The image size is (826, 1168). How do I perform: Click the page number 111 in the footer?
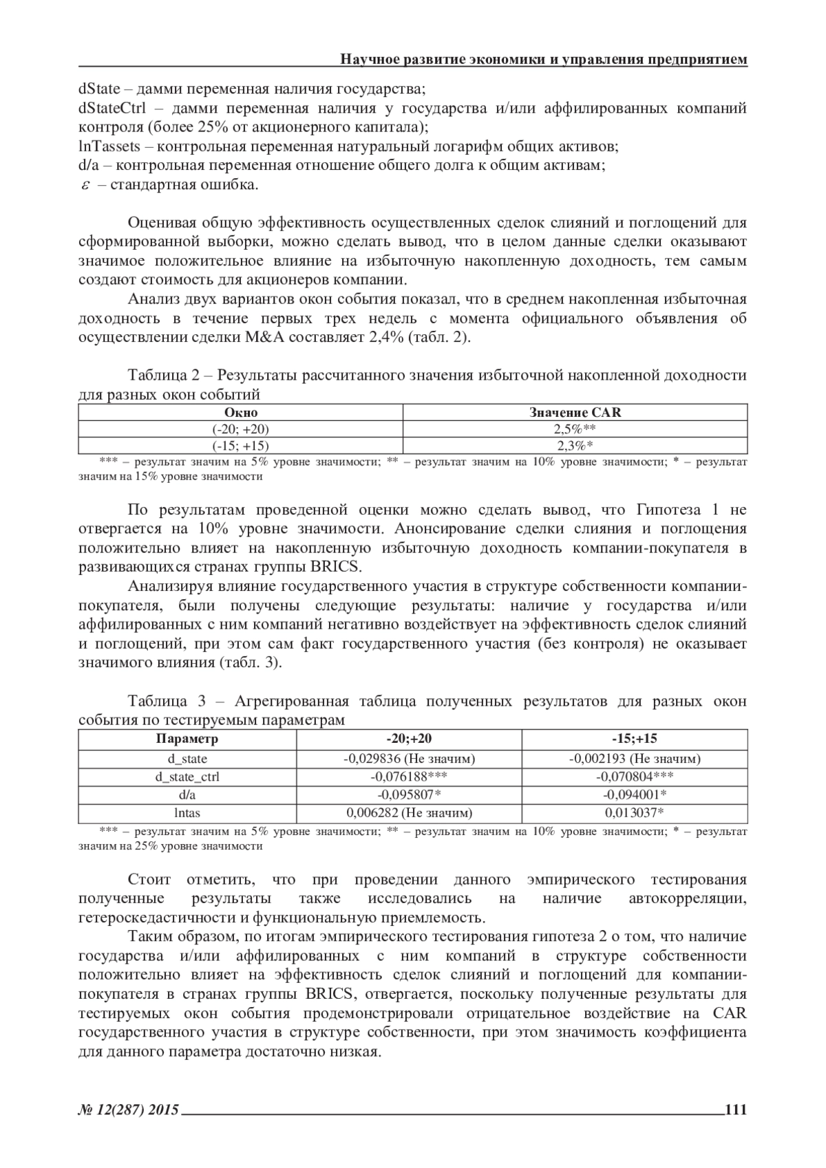tap(736, 1109)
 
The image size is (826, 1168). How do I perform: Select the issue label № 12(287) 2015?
tap(129, 1110)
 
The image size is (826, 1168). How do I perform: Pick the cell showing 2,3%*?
tap(575, 445)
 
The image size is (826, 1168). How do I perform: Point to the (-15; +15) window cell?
tap(240, 445)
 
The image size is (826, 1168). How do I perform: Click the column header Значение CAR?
tap(575, 413)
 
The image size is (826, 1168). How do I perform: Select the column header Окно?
tap(240, 413)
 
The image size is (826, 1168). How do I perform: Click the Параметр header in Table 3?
tap(187, 739)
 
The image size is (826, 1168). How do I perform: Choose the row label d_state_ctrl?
tap(187, 777)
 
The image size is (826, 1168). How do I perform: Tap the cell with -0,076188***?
tap(409, 777)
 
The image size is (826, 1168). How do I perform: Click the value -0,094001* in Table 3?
tap(635, 794)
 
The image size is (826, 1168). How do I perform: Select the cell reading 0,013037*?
tap(635, 813)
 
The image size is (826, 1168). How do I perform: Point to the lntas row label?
tap(187, 813)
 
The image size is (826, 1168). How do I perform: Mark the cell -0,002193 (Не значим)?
tap(635, 758)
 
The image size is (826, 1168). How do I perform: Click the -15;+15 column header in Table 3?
tap(635, 739)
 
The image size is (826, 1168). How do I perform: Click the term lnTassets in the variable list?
tap(109, 147)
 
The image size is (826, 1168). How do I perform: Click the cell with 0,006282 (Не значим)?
tap(409, 813)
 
